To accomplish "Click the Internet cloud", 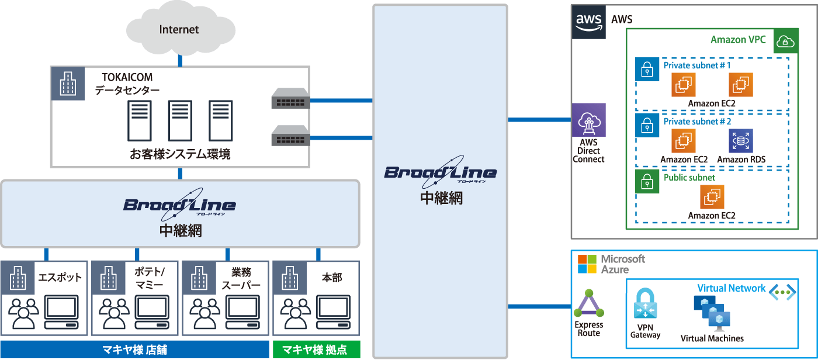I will coord(179,29).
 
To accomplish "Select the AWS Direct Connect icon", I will coord(589,120).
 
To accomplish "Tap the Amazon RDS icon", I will coord(741,141).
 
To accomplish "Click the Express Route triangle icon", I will coord(588,304).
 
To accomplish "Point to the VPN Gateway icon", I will coord(646,302).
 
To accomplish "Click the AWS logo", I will coord(589,22).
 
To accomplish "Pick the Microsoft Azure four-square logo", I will coord(587,264).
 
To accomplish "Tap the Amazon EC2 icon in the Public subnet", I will coord(712,197).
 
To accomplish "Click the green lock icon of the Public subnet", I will coord(647,182).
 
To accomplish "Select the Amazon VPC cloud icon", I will coord(786,41).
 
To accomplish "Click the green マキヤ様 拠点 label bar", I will coord(316,349).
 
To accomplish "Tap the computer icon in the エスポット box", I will coord(62,313).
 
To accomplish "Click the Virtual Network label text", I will coord(731,288).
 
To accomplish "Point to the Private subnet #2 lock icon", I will coord(647,126).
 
